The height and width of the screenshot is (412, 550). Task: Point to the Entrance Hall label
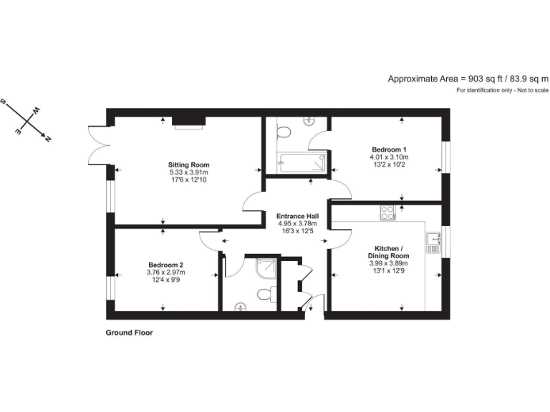[x=298, y=215]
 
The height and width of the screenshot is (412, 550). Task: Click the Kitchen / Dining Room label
[x=389, y=252]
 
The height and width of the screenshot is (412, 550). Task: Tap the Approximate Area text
[x=468, y=79]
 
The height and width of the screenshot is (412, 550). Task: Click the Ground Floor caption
[x=130, y=333]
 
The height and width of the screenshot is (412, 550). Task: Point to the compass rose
[x=28, y=119]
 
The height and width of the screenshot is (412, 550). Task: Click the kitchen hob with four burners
[x=387, y=212]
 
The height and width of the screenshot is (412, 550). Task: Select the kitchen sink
[x=433, y=243]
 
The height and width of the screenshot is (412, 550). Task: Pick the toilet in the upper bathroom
[x=284, y=132]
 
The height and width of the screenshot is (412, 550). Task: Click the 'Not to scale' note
[x=502, y=90]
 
